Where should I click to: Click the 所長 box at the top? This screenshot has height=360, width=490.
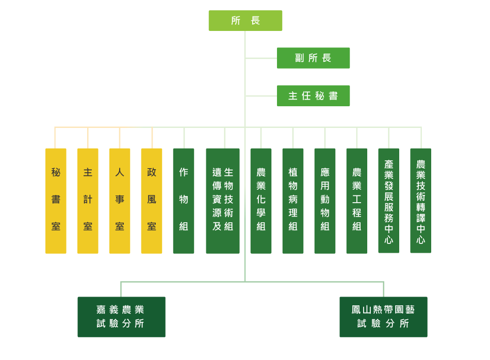246,21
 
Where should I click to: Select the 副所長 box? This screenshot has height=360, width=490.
314,58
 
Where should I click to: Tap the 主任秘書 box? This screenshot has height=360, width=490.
314,96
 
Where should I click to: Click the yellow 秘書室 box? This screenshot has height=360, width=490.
56,201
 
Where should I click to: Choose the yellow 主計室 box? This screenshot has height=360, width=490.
88,201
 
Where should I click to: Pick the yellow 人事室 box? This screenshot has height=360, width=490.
120,201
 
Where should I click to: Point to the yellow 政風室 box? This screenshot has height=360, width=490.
152,201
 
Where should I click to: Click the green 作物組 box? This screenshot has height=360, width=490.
184,201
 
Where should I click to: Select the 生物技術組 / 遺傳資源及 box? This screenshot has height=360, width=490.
223,201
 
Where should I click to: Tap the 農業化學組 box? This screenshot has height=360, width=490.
261,201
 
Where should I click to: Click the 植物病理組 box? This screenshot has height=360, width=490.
293,201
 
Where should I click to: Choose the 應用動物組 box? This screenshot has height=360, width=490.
325,201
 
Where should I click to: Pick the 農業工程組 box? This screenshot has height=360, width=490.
356,201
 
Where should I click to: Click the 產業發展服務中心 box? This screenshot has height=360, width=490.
388,201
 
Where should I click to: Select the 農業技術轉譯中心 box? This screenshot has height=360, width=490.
420,201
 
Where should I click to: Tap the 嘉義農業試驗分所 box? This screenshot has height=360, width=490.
121,317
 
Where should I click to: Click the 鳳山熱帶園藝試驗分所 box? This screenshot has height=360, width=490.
383,317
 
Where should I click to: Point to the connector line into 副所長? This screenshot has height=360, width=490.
261,58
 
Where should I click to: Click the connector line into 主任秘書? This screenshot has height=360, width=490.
261,96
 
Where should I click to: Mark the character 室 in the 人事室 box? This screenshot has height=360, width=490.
120,226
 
